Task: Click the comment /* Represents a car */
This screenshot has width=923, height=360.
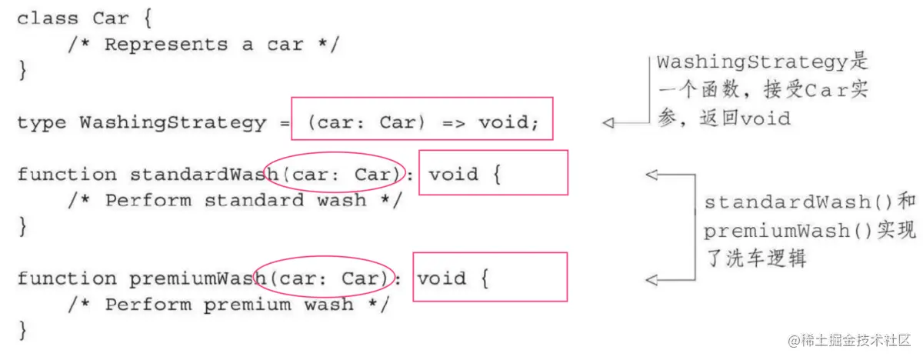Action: tap(203, 45)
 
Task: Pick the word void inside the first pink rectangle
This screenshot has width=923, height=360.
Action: tap(504, 123)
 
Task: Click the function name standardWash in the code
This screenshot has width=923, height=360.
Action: tap(203, 175)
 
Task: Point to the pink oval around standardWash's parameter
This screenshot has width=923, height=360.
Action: tap(333, 175)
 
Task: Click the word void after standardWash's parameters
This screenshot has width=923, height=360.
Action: tap(455, 175)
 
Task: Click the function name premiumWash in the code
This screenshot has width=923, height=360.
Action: tap(197, 278)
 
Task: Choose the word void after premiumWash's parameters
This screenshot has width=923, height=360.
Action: tap(442, 278)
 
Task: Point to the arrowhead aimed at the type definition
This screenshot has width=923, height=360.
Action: tap(609, 122)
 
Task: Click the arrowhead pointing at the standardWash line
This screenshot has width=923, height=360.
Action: tap(652, 175)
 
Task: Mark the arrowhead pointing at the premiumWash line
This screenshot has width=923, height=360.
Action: tap(652, 278)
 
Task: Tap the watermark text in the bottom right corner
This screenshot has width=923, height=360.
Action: tap(845, 339)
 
